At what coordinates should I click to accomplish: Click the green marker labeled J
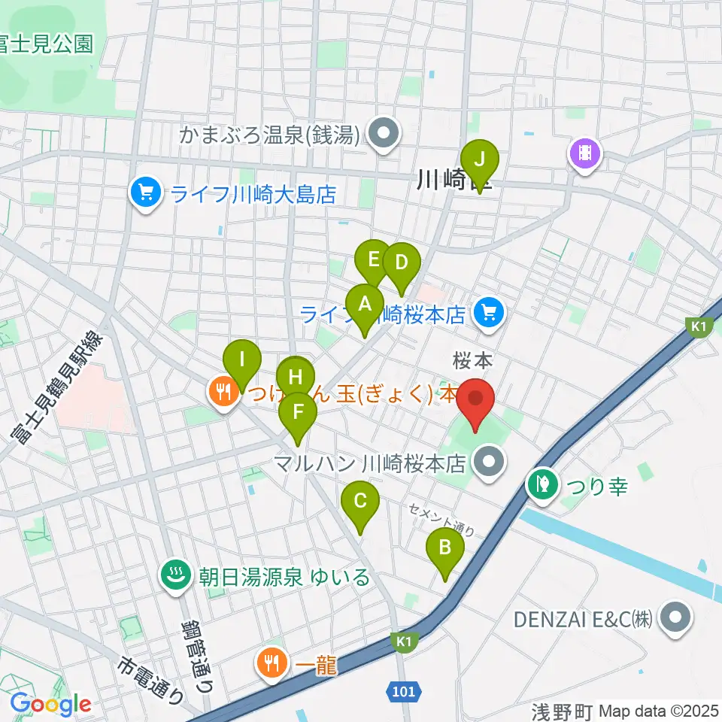point(479,160)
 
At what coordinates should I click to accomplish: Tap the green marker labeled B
point(444,548)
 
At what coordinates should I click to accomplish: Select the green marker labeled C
point(359,501)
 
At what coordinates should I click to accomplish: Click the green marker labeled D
point(401,264)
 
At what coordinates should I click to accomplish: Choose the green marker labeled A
point(365,305)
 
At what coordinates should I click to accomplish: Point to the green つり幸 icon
point(543,486)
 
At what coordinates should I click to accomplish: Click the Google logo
point(51,703)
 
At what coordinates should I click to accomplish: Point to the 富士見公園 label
point(47,44)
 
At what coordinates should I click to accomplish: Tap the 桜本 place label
point(473,362)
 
